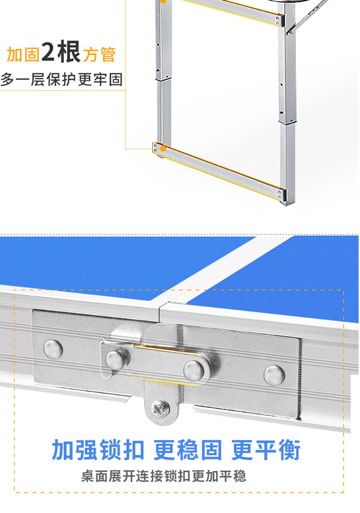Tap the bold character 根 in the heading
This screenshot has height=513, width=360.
coord(69,52)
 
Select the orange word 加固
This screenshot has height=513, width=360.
coord(23,54)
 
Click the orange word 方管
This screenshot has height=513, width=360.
coord(99,54)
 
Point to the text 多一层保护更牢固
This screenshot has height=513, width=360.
coord(62,80)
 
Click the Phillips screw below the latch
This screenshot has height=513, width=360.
coord(160,408)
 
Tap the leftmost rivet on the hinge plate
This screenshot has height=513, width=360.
coord(53,349)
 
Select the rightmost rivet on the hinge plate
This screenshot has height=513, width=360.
coord(274,375)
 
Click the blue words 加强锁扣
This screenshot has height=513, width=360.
coord(98,450)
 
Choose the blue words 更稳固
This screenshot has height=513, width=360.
coord(188,450)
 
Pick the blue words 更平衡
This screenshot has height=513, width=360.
coord(266,450)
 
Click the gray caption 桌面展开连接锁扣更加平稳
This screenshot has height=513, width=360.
coord(164,476)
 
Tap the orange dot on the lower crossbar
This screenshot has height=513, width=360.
coord(163,149)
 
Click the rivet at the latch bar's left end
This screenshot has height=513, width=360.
coord(116,360)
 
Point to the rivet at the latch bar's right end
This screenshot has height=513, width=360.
coord(194,370)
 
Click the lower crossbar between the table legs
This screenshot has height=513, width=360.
coord(218,170)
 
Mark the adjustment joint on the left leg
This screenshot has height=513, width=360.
coord(163,78)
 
